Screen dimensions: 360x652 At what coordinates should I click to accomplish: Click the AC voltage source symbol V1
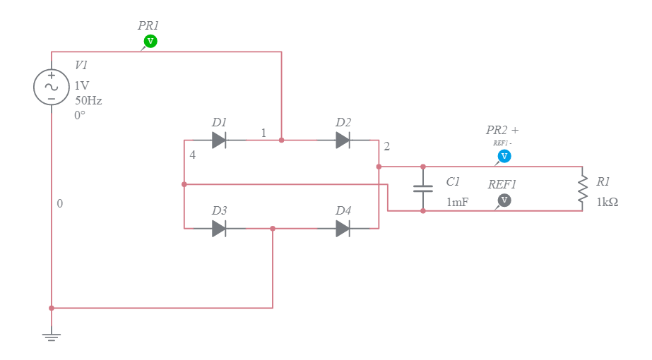point(52,87)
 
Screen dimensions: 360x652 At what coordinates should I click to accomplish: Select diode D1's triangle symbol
point(219,140)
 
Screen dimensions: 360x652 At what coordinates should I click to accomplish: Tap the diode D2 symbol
point(343,140)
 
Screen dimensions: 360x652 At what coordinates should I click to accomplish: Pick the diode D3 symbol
point(219,228)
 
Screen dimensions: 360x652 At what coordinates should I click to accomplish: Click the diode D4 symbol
point(343,228)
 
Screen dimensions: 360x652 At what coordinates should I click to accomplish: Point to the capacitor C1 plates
point(423,188)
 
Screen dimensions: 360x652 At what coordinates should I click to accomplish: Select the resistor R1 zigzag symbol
point(582,188)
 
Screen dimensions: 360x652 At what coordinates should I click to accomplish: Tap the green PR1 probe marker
point(150,42)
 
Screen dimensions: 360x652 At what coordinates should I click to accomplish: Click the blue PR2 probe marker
point(504,156)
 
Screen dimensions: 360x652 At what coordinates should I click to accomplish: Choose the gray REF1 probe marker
point(504,200)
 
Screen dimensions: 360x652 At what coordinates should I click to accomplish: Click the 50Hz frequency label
point(88,100)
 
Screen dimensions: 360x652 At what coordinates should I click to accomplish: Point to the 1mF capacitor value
point(457,203)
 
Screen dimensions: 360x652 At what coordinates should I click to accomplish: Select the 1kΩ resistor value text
point(607,202)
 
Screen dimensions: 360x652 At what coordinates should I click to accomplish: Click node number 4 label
point(192,155)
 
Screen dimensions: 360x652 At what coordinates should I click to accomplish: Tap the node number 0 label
point(60,203)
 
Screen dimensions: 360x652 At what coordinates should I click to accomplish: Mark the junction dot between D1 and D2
point(281,140)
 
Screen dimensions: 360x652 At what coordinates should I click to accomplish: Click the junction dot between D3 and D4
point(273,228)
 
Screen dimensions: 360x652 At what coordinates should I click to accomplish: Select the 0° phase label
point(80,115)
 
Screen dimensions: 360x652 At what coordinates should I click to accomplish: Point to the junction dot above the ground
point(52,308)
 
